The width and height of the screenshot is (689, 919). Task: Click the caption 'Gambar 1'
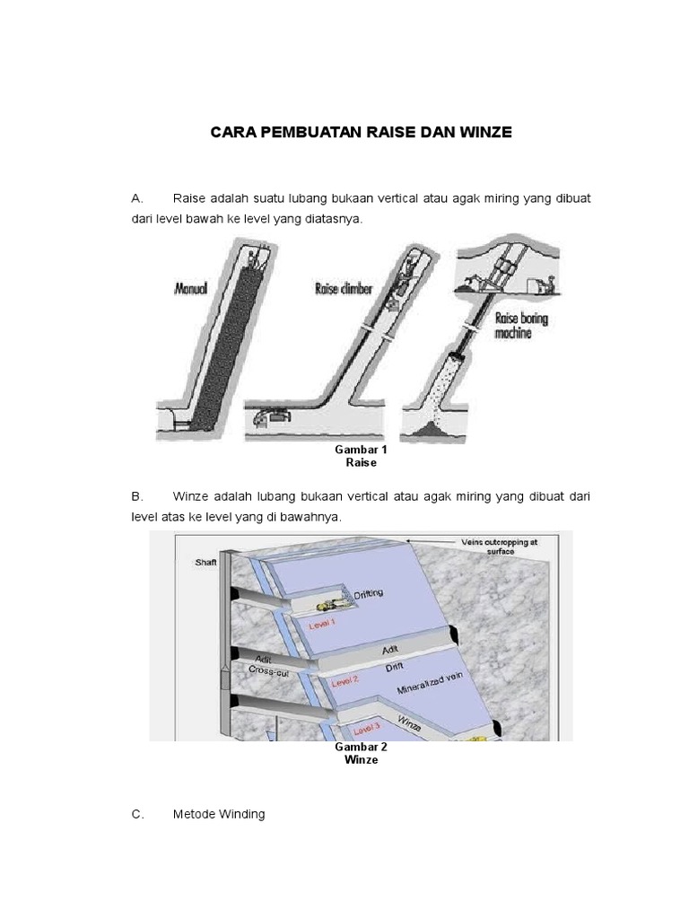360,450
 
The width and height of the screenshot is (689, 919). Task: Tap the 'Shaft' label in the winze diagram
206,563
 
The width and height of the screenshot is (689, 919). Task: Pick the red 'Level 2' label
344,682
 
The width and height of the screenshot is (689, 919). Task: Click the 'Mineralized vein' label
432,692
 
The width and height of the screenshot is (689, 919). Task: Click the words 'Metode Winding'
219,814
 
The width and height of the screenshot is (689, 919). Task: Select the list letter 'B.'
137,496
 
